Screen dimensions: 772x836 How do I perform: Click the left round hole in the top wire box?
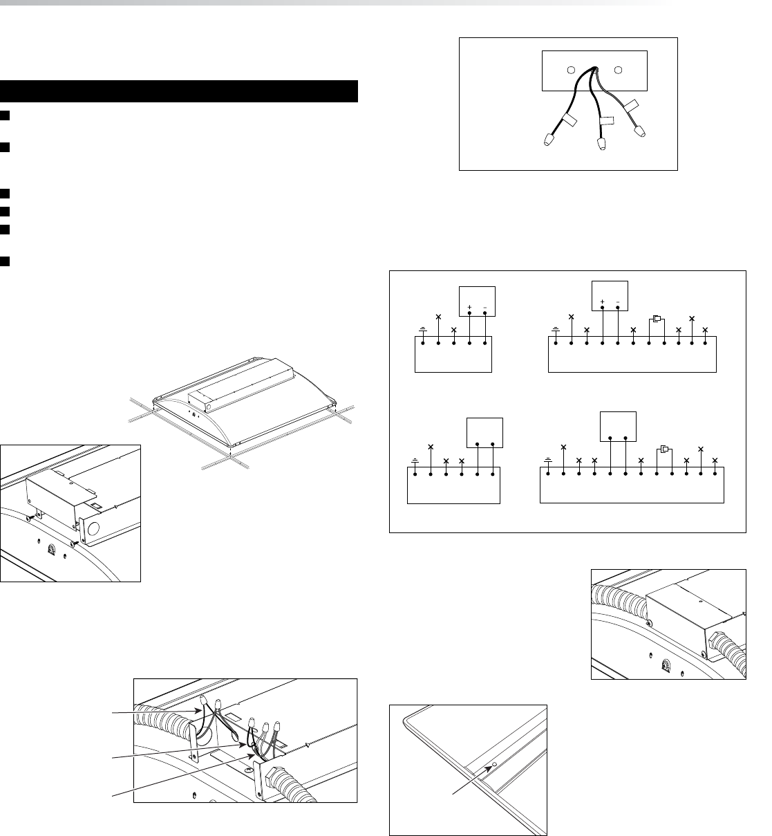coord(571,71)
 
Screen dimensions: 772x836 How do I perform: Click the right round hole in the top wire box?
coord(618,71)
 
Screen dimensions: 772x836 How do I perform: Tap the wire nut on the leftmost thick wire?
coord(549,140)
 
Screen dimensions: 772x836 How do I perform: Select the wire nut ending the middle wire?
coord(601,144)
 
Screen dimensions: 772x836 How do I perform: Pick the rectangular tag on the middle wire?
coord(607,121)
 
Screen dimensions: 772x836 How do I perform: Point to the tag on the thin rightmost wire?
coord(632,106)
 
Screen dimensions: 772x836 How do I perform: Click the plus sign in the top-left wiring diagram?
coord(469,308)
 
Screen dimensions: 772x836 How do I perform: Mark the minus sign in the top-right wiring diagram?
coord(617,301)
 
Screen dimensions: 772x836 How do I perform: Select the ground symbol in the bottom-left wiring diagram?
coord(415,461)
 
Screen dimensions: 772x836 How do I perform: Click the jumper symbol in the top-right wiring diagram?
coord(657,319)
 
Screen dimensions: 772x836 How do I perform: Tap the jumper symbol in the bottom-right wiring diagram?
coord(664,449)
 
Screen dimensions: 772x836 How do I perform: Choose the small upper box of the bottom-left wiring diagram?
coord(484,433)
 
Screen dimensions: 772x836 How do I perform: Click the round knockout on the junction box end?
coord(93,528)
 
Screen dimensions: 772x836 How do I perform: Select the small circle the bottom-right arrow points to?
coord(495,764)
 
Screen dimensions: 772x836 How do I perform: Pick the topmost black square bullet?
coord(5,115)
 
